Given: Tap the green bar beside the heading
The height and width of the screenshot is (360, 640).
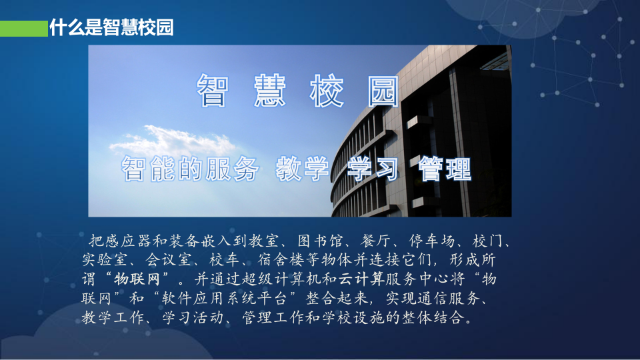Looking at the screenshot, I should (24, 28).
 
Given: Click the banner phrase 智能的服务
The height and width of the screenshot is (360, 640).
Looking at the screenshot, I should (189, 169).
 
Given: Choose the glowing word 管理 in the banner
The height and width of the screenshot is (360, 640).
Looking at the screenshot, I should (445, 169).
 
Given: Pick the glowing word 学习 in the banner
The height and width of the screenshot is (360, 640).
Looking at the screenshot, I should (373, 169).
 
